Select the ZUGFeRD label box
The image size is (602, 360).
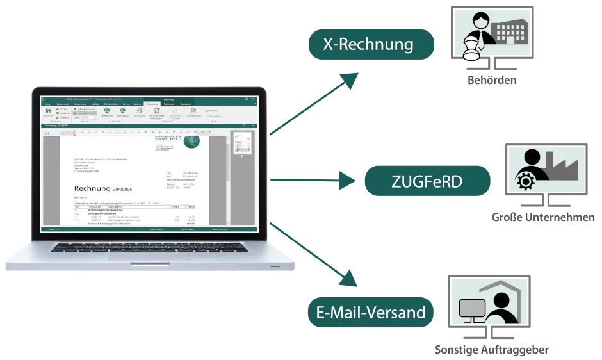coord(427,181)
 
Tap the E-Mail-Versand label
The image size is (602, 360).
coord(371,313)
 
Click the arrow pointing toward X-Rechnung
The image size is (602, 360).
coord(314,102)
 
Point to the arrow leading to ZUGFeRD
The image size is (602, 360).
coord(314,181)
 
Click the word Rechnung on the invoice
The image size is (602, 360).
coord(92,188)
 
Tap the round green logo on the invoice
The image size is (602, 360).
coord(191,140)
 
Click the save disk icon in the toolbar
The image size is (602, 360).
coord(49,111)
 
